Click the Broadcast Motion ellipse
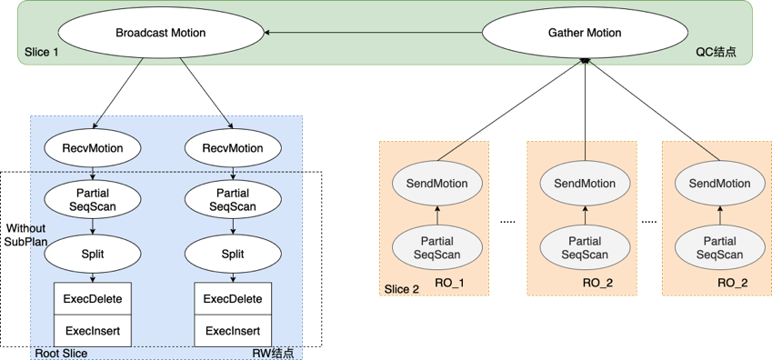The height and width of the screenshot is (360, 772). click(x=160, y=34)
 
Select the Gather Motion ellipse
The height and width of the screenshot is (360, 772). click(x=584, y=34)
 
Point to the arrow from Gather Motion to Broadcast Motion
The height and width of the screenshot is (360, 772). click(x=373, y=34)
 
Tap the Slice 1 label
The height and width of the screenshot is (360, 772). click(x=42, y=53)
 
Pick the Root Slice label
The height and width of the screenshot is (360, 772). click(x=60, y=353)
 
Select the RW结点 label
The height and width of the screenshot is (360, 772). click(x=273, y=353)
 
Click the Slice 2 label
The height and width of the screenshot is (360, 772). click(x=402, y=289)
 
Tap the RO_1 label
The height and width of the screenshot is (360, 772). click(x=449, y=284)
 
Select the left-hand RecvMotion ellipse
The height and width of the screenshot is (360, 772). click(x=92, y=148)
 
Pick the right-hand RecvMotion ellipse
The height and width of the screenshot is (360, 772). click(x=233, y=148)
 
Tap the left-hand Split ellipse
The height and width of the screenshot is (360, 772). click(x=92, y=254)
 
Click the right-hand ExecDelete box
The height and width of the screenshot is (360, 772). click(x=233, y=299)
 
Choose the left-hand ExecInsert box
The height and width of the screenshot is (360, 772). click(x=92, y=331)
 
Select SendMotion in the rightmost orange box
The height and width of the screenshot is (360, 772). click(x=719, y=184)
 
